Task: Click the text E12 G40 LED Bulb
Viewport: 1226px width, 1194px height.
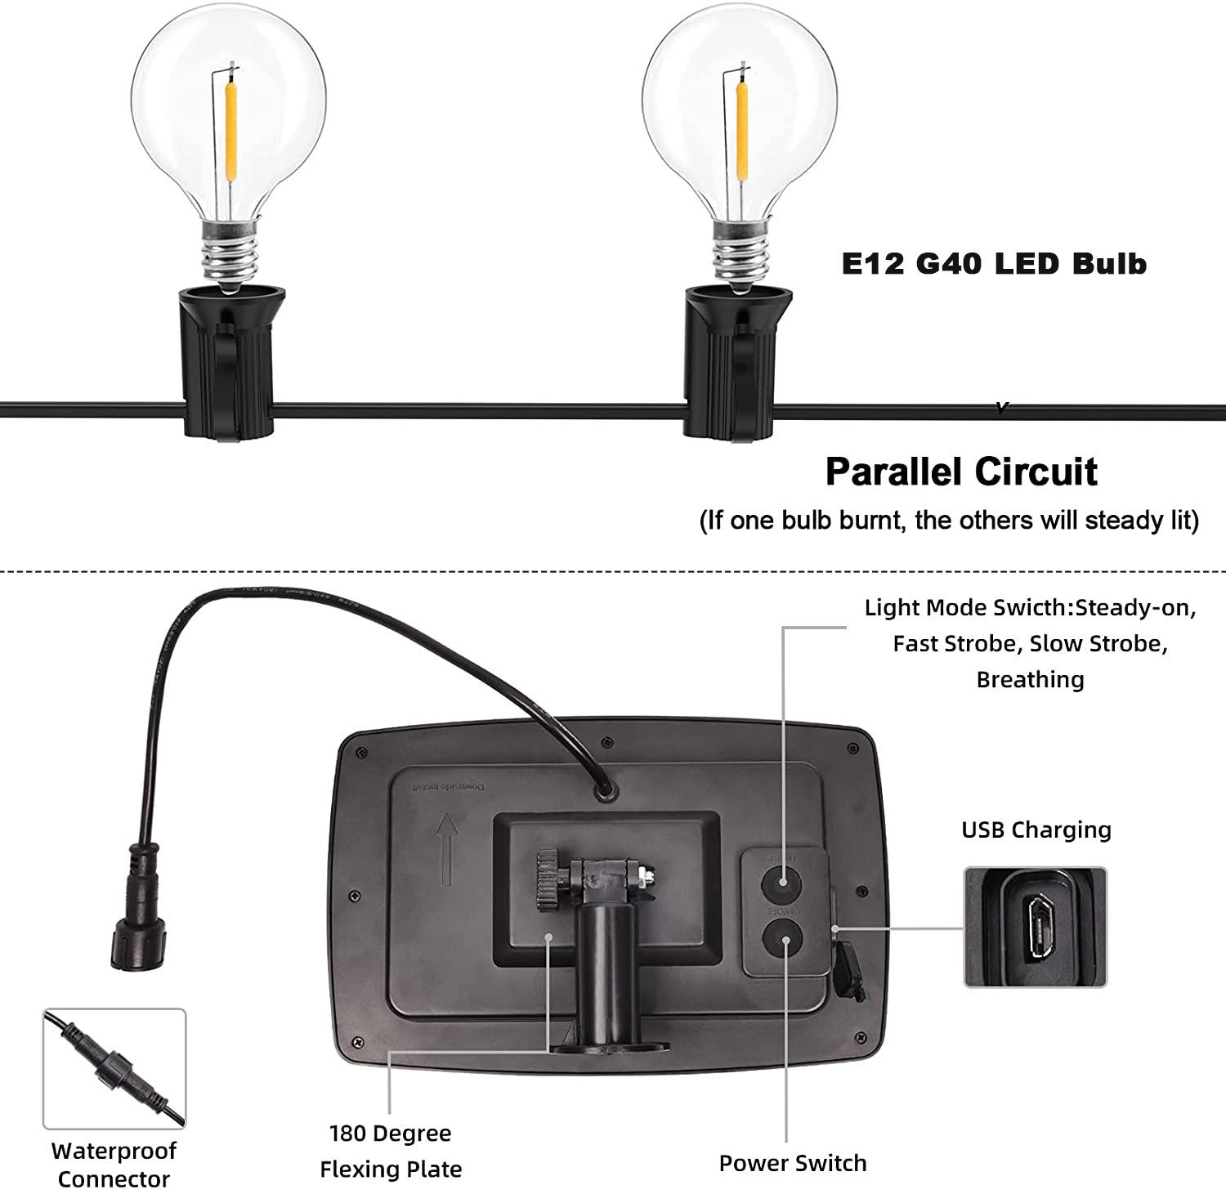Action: [994, 264]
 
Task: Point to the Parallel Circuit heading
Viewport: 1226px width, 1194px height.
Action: [961, 472]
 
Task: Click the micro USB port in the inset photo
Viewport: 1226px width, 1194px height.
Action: [1040, 928]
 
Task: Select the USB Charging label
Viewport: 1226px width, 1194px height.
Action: [1036, 830]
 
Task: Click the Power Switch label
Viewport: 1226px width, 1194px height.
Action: [792, 1163]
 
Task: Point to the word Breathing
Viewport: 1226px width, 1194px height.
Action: [1030, 679]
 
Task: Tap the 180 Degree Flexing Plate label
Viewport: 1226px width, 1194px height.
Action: [391, 1151]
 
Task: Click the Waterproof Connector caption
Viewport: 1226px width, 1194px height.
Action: [114, 1165]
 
